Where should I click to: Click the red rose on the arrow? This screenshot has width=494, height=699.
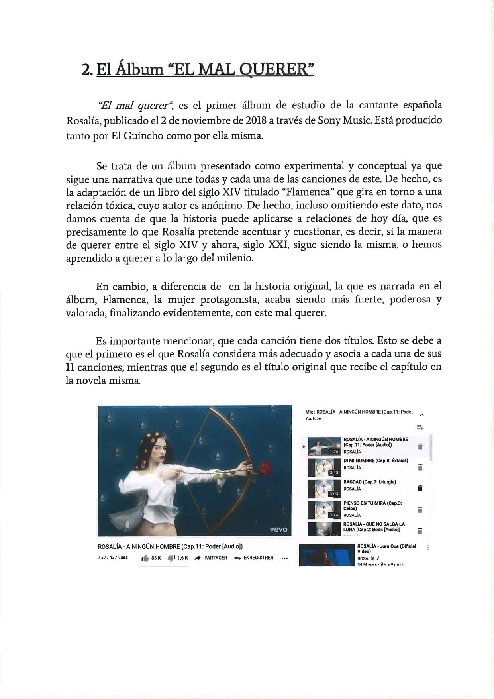pos(265,467)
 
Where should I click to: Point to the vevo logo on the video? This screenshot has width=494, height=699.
pos(278,529)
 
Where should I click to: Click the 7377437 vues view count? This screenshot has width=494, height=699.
pos(113,558)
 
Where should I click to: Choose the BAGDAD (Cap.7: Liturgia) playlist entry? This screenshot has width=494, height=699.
pos(369,482)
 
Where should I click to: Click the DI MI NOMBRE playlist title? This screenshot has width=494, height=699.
pos(375,461)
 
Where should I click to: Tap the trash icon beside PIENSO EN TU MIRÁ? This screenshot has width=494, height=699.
pos(420,510)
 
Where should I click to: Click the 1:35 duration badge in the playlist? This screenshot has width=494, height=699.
pos(334,452)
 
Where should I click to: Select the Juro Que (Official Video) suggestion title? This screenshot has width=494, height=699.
pos(386,548)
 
